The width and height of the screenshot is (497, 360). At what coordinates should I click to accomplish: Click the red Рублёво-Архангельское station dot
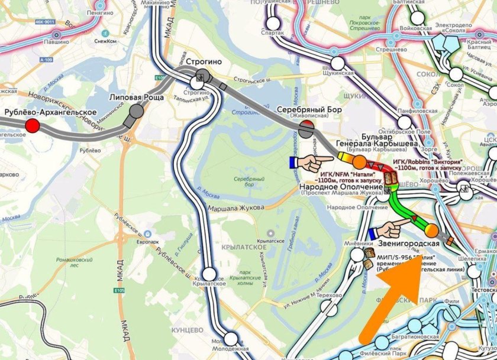[x=33, y=125]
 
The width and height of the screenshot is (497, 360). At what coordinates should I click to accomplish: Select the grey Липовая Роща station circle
[x=137, y=111]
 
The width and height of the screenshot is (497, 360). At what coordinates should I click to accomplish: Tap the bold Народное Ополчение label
[x=344, y=184]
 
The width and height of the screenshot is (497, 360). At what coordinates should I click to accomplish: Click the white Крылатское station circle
[x=209, y=274]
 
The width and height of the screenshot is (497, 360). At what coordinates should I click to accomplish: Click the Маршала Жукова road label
[x=230, y=207]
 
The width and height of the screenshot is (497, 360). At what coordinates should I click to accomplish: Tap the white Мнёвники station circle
[x=357, y=255]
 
